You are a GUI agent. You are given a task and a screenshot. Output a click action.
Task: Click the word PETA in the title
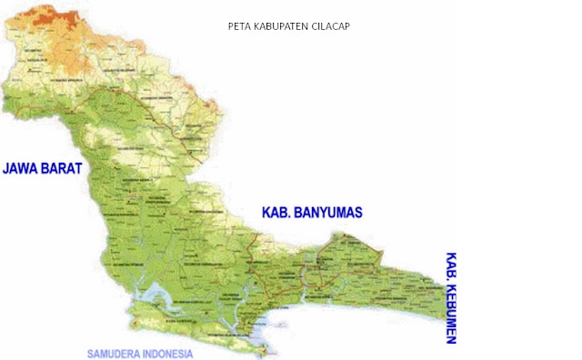[237, 26]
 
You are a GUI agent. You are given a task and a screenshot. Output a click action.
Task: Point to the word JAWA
[22, 169]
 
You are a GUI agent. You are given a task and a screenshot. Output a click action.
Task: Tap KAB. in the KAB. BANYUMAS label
[274, 213]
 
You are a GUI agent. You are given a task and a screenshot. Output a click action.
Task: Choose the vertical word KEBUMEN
[450, 314]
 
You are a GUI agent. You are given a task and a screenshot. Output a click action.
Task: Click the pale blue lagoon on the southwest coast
[155, 295]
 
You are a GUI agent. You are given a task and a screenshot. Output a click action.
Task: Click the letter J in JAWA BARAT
[6, 169]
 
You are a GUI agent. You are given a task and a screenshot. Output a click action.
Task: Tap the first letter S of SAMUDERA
[90, 353]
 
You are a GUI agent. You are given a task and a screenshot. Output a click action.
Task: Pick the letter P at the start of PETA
[230, 26]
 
